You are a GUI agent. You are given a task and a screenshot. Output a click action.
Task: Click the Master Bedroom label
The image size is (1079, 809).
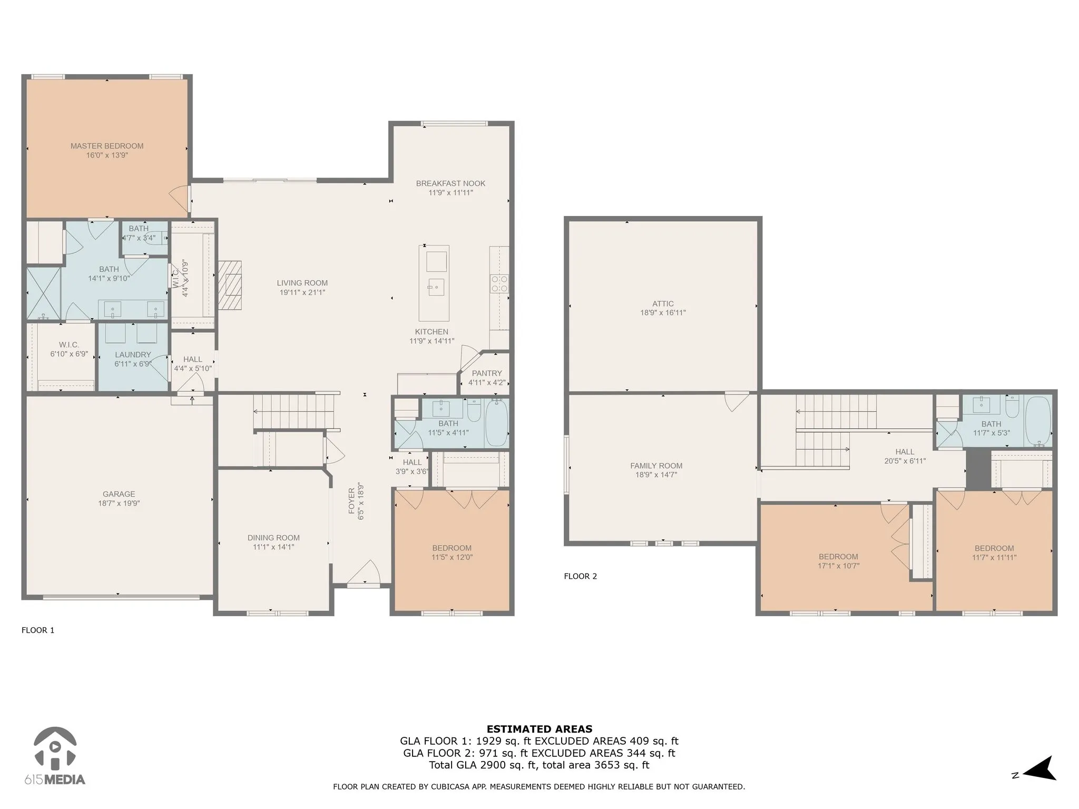(107, 146)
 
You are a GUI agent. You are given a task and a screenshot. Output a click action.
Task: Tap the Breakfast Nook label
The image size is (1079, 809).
(450, 183)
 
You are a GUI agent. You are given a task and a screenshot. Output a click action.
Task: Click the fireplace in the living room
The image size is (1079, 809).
(230, 285)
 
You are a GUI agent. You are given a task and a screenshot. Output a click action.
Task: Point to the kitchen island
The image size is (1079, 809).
(434, 283)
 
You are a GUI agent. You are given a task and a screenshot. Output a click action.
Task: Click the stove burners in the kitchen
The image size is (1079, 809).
(499, 283)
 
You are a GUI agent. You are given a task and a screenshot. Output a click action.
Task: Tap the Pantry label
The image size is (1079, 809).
(487, 373)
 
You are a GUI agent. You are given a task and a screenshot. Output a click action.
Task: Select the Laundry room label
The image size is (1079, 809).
(133, 354)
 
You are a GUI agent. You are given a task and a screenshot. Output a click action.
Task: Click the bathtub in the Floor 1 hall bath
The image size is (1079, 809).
(496, 423)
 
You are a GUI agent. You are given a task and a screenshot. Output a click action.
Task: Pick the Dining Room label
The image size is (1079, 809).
(273, 538)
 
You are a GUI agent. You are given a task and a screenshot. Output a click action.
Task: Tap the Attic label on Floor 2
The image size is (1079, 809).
(663, 303)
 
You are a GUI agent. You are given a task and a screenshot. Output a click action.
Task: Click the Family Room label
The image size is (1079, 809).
(656, 466)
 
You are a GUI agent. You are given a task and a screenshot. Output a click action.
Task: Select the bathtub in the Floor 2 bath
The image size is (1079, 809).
(1038, 421)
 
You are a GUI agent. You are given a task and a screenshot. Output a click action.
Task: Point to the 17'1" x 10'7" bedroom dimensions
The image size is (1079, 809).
(838, 566)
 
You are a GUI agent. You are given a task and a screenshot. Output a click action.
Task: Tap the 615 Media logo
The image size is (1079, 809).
(55, 757)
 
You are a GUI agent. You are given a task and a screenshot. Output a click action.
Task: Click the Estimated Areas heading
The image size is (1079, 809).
(539, 729)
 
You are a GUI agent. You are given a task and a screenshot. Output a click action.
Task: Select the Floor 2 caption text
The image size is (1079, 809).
(580, 576)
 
